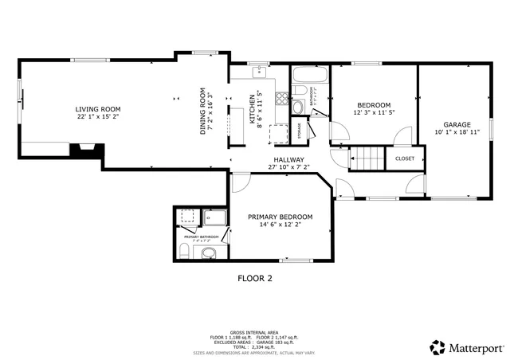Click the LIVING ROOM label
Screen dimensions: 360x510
click(97, 109)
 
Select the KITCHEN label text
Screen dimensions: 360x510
click(252, 109)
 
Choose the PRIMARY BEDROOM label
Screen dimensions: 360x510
click(280, 217)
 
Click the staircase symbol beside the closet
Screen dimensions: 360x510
click(367, 159)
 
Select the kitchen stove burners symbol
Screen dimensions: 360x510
click(280, 100)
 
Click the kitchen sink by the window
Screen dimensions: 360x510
click(260, 73)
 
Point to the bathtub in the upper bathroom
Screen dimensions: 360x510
click(309, 77)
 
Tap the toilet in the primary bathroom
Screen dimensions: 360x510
click(182, 252)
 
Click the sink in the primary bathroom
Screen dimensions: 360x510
click(208, 253)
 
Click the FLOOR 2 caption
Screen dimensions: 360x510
click(255, 279)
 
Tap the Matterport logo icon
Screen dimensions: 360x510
click(437, 347)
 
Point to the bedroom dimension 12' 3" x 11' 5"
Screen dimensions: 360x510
click(374, 113)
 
